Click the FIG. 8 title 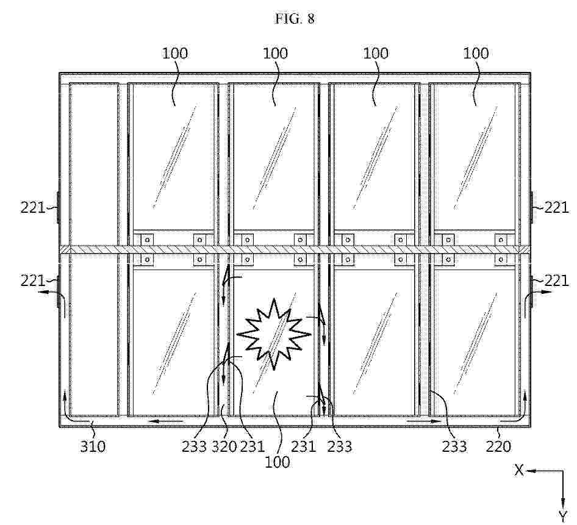pos(295,19)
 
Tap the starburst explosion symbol pos(274,334)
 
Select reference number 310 pos(93,446)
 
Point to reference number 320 pos(224,446)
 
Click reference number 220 pos(498,446)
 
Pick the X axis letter pos(519,470)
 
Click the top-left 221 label pos(32,209)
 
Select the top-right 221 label pos(556,209)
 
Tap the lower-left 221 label pos(32,282)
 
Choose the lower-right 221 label pos(556,282)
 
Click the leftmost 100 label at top pos(175,54)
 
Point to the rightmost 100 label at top pos(475,54)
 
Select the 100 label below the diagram pos(277,462)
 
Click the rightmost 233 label pos(454,446)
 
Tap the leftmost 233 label pos(195,446)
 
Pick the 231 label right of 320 pos(253,446)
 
